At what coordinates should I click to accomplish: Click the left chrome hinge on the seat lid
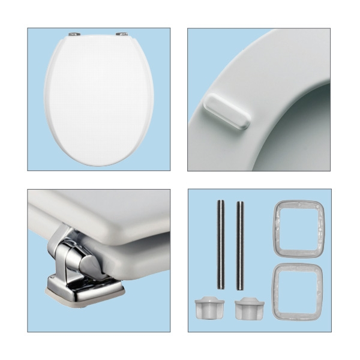pos(74,35)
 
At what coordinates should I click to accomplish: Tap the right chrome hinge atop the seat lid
pos(124,35)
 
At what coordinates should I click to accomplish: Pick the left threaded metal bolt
pos(221,246)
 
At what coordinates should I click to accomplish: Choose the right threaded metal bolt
pos(241,246)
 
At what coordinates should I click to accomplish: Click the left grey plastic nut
pos(207,309)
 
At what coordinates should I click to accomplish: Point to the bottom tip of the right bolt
pos(241,288)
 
